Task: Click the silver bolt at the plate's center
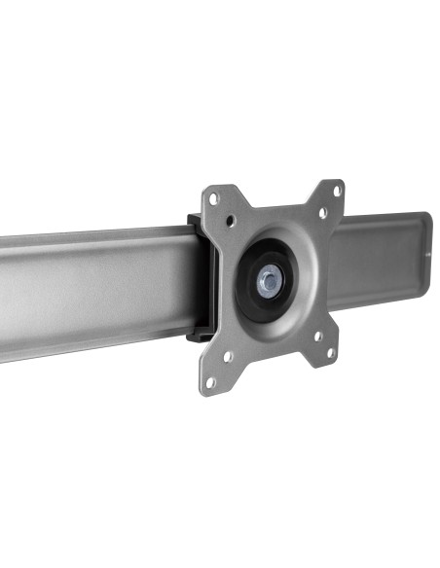pyautogui.click(x=267, y=281)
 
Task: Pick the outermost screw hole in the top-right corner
pyautogui.click(x=337, y=190)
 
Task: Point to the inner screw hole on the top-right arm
pyautogui.click(x=321, y=213)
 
